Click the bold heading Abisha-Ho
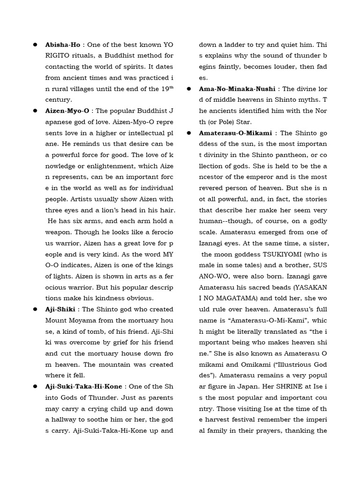tap(63, 45)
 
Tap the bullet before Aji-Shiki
tap(35, 309)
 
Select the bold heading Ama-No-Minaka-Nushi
tap(239, 89)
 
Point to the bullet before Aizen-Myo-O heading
tap(35, 111)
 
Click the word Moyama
tap(87, 320)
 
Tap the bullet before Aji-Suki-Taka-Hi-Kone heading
tap(35, 386)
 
